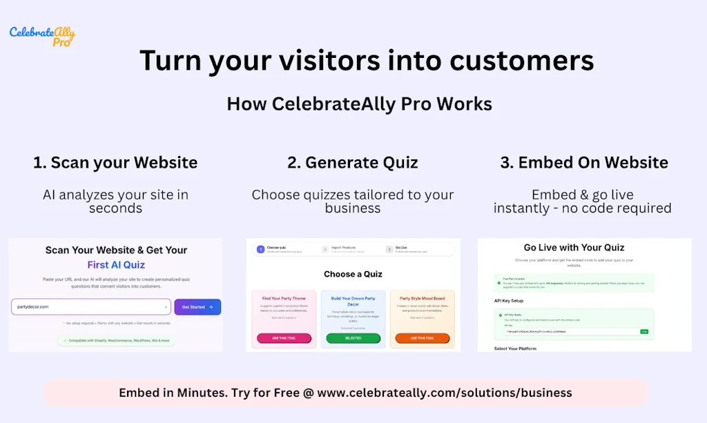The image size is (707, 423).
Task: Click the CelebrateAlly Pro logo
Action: click(42, 35)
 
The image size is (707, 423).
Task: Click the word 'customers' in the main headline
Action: click(522, 60)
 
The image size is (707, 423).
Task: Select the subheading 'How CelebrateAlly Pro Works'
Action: click(359, 104)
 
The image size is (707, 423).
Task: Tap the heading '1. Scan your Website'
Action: click(115, 163)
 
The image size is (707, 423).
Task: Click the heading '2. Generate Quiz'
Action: click(353, 163)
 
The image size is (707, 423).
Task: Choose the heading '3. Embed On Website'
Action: click(584, 163)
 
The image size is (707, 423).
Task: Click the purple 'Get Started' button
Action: click(197, 307)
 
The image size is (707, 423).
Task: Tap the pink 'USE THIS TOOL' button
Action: click(284, 338)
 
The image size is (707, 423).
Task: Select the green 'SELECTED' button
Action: click(353, 338)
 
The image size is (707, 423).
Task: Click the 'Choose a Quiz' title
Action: click(353, 274)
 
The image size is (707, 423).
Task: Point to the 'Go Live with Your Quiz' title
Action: click(583, 248)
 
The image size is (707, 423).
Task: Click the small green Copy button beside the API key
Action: click(644, 331)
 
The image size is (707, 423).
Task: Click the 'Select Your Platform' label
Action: click(515, 348)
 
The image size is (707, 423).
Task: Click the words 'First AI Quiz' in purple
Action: click(116, 265)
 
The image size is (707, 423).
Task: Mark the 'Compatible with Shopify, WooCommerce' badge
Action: click(116, 340)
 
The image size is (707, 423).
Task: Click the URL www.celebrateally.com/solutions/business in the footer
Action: click(445, 393)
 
